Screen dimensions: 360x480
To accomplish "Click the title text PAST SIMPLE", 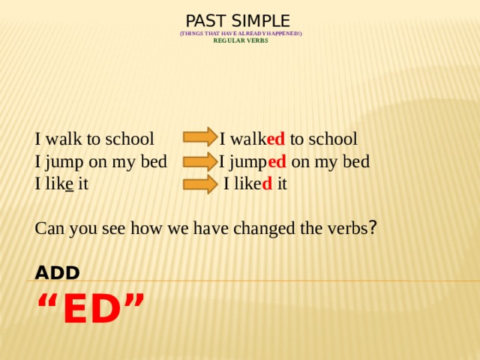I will pos(238,20).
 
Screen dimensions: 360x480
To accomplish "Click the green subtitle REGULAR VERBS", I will pos(241,40).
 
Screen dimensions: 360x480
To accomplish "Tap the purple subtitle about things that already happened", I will pos(241,34).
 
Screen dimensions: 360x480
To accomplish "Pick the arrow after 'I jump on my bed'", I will pos(199,161).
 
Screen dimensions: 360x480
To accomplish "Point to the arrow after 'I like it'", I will pos(199,184).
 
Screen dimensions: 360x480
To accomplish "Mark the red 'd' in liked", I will pos(266,184).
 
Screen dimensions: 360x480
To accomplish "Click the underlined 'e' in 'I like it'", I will pos(69,184).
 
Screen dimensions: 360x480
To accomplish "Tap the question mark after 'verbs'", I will pos(373,227).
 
